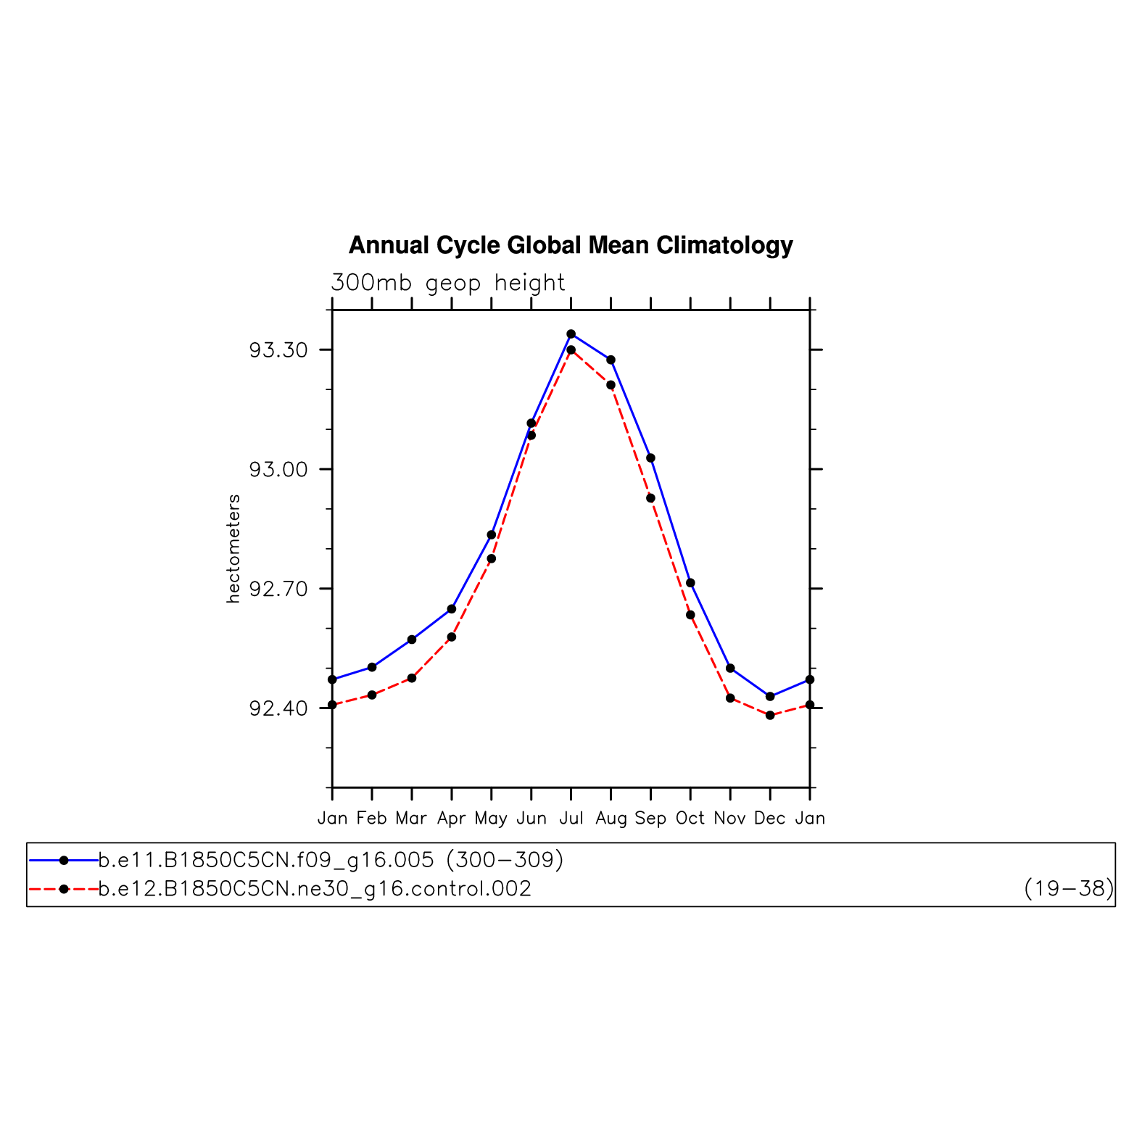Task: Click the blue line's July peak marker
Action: click(x=571, y=334)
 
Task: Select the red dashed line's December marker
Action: click(x=770, y=716)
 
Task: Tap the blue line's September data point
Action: click(x=650, y=458)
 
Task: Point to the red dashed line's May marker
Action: click(x=492, y=559)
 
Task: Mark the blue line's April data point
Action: click(x=452, y=609)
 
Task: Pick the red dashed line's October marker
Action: click(x=690, y=616)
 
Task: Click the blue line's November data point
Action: click(x=730, y=669)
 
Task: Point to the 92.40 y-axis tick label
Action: click(x=278, y=709)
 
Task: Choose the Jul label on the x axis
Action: click(x=571, y=819)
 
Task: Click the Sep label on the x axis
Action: click(x=650, y=819)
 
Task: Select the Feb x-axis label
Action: click(x=372, y=819)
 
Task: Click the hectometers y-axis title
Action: click(x=233, y=549)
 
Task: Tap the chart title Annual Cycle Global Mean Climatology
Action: click(x=571, y=246)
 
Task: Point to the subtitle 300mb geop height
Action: click(x=447, y=283)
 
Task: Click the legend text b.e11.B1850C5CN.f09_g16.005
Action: click(x=266, y=861)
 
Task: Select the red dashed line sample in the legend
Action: click(x=64, y=889)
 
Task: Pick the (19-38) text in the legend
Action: click(x=1068, y=889)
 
